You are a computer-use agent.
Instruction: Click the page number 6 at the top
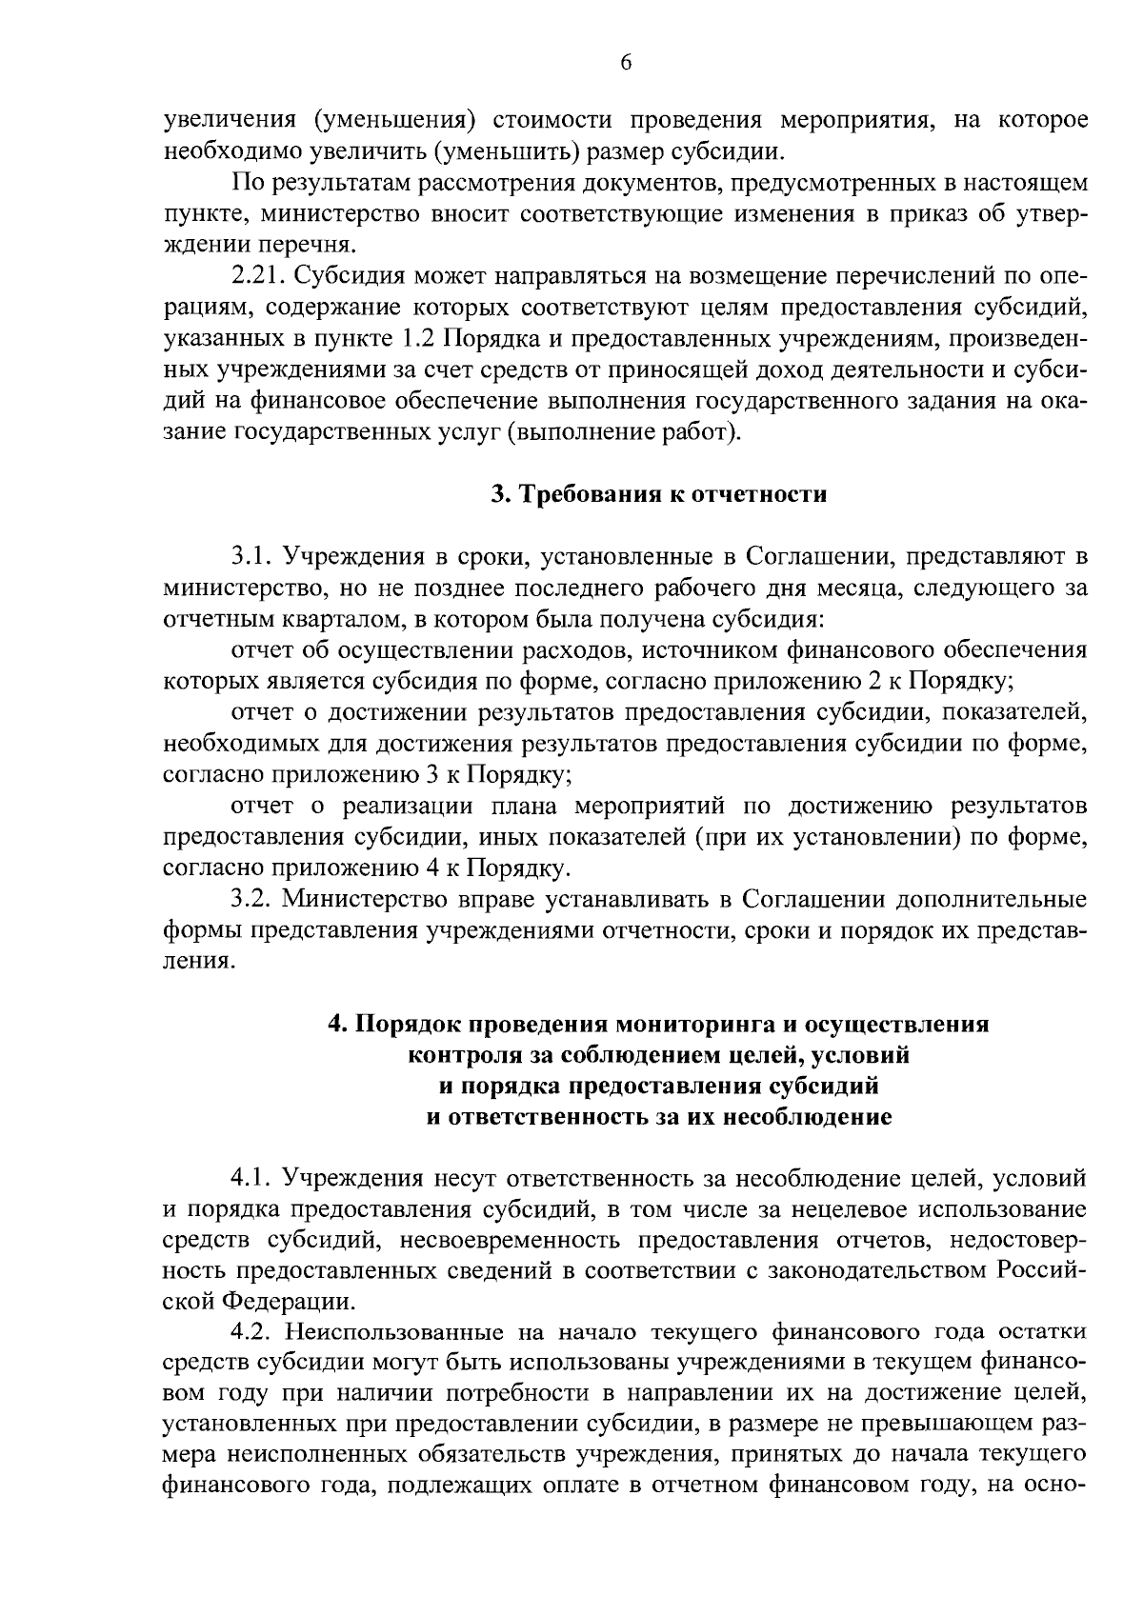[x=625, y=63]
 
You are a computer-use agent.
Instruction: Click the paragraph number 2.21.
[x=259, y=277]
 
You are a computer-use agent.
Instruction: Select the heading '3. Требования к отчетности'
[x=658, y=494]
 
